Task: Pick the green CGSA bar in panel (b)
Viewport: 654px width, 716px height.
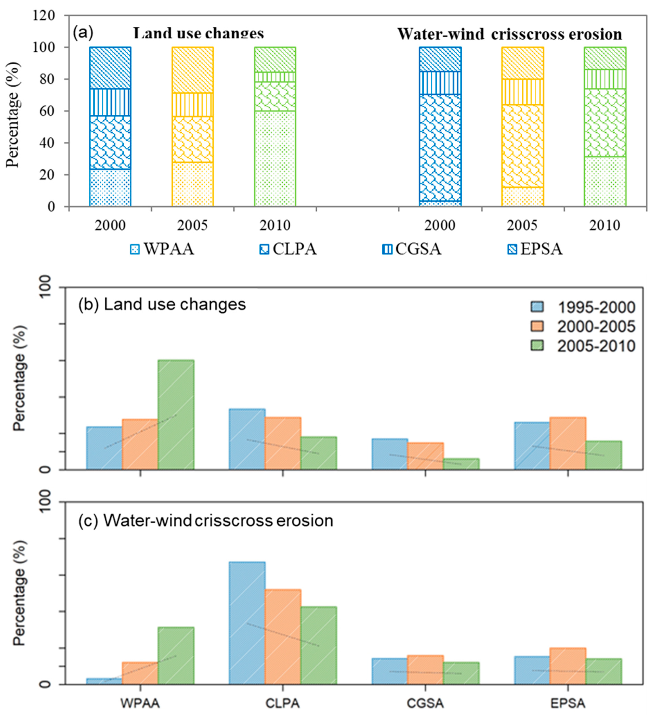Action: pos(461,464)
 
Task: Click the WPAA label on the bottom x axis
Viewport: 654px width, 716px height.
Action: pos(140,704)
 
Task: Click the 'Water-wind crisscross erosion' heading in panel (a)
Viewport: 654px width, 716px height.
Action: pos(509,34)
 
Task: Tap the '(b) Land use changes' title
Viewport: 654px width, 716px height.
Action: pos(162,304)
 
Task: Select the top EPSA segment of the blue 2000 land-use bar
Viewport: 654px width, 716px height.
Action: pos(110,68)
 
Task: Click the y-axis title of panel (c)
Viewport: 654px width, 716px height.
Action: pos(20,593)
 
